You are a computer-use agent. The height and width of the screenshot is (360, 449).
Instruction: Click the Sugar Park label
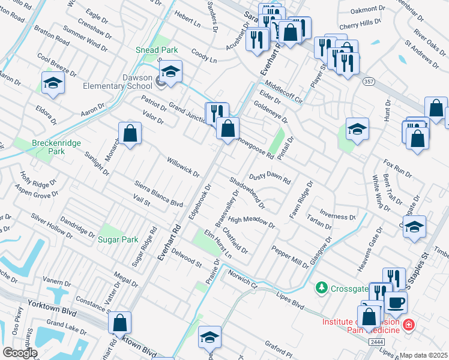click(x=118, y=239)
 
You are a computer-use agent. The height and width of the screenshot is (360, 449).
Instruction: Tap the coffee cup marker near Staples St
click(x=396, y=302)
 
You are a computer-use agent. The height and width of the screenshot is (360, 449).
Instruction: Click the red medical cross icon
click(x=409, y=325)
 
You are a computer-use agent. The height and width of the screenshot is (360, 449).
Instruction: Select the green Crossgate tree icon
click(x=322, y=289)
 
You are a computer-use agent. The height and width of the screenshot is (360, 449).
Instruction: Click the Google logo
click(x=20, y=353)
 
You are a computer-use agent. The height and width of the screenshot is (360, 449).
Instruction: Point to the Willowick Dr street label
click(x=182, y=164)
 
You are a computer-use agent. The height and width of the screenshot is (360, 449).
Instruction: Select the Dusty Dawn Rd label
click(x=270, y=178)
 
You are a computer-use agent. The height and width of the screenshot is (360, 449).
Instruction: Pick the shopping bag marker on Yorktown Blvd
click(x=120, y=322)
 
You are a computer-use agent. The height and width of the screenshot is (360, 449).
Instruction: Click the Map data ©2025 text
click(x=424, y=355)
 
